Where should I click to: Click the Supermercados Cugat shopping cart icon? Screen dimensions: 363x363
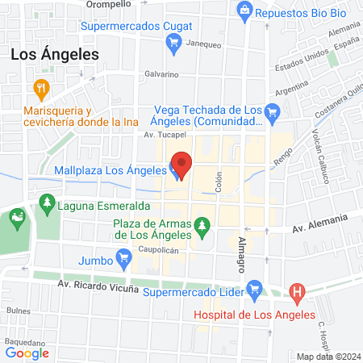click(173, 48)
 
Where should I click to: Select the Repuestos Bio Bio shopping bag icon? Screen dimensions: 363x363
click(244, 10)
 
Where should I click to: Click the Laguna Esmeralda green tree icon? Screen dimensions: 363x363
click(48, 202)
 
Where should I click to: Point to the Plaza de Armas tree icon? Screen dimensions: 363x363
click(201, 235)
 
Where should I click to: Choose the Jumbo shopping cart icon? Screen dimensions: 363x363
click(123, 259)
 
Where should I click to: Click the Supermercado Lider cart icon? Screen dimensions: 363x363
click(255, 287)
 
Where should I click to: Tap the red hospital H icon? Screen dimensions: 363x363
click(298, 293)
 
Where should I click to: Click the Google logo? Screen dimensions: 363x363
click(27, 352)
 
